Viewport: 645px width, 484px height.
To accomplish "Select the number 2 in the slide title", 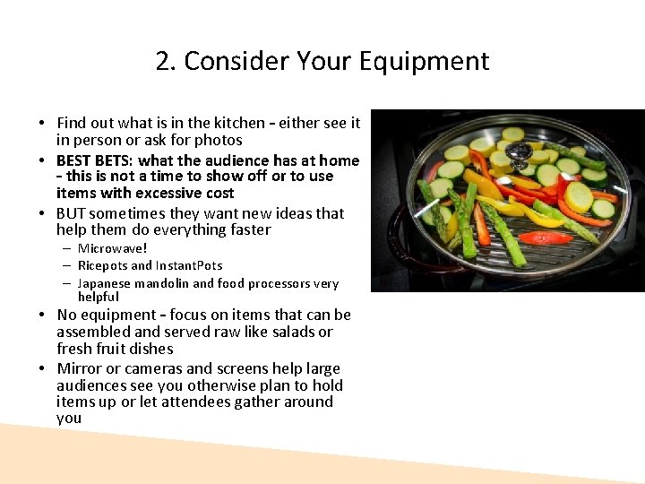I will (162, 61).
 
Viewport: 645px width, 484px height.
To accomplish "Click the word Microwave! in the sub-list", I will (112, 248).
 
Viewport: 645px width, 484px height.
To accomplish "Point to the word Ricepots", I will (103, 265).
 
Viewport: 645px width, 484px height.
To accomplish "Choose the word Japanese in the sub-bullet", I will (106, 283).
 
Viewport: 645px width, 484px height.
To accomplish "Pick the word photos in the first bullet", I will (219, 140).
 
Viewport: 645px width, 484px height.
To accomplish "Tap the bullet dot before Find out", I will (42, 124).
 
